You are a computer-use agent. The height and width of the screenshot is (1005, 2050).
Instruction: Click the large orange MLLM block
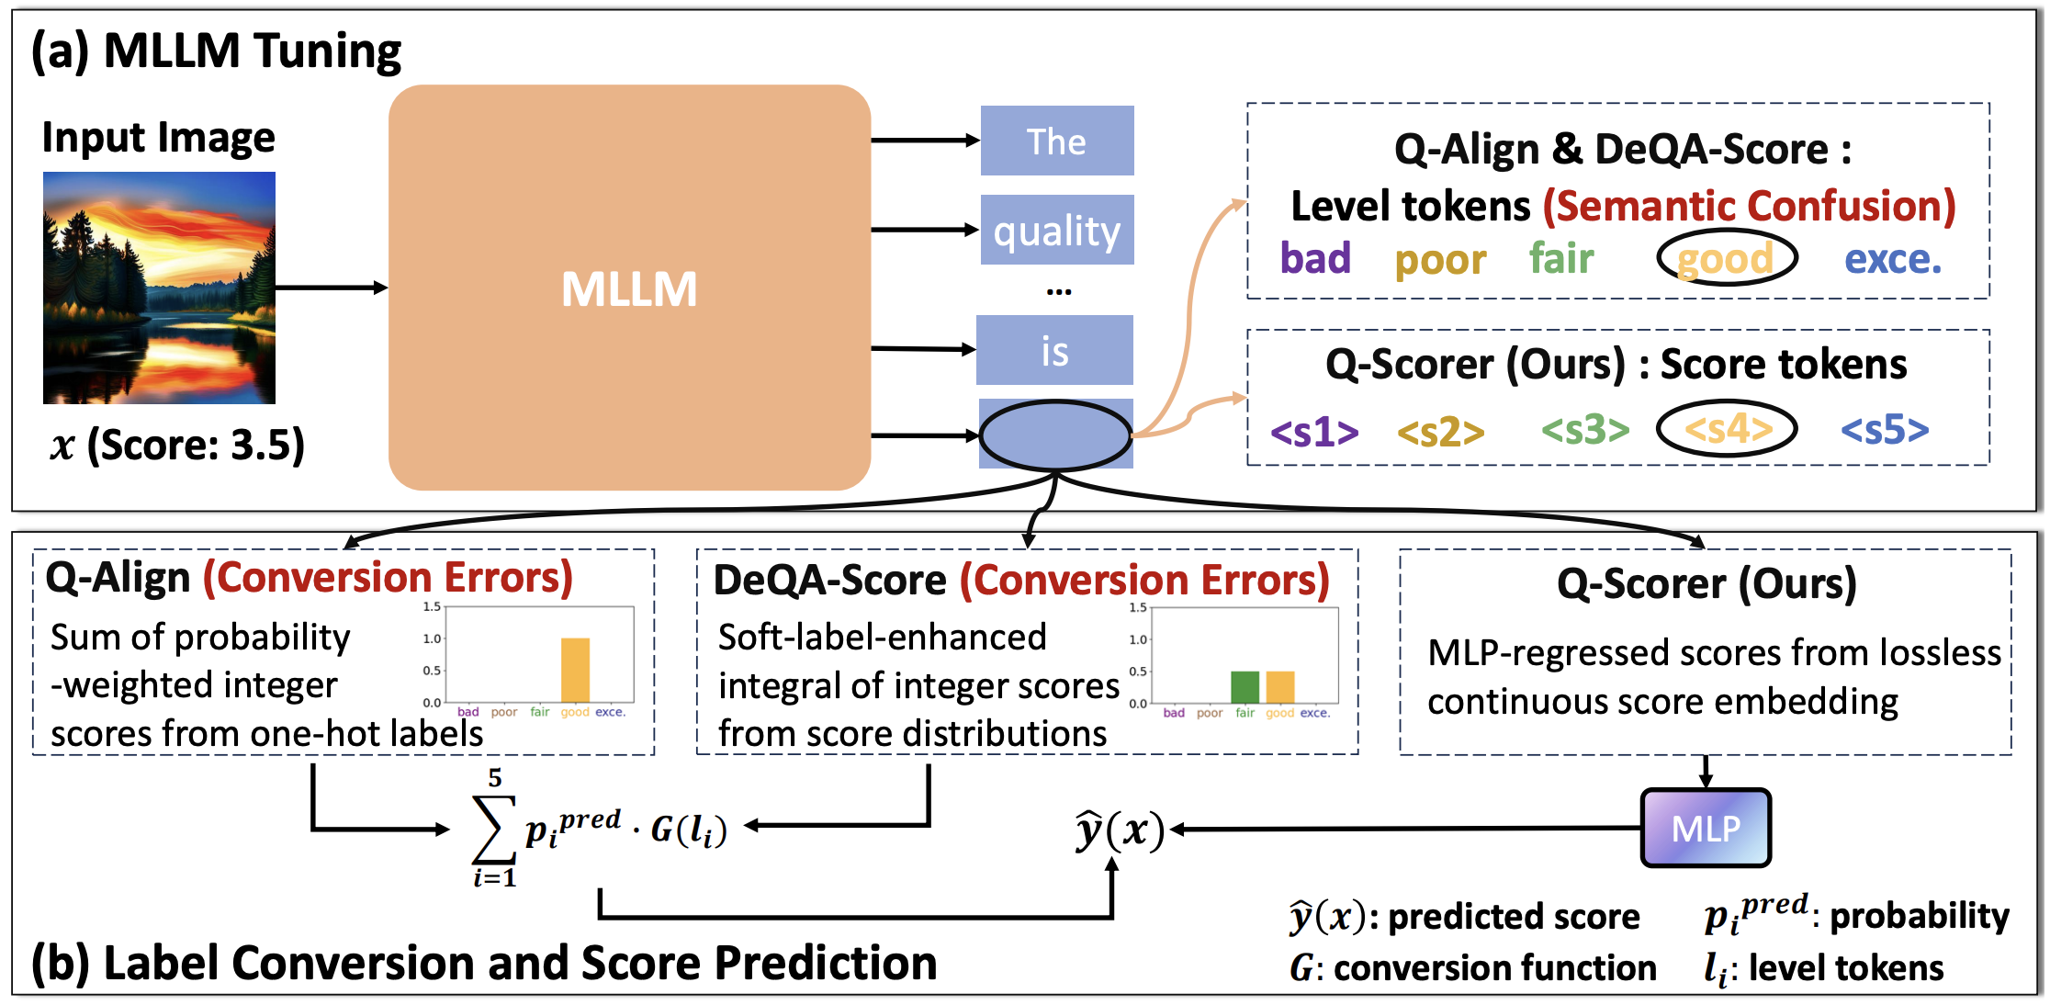pyautogui.click(x=629, y=288)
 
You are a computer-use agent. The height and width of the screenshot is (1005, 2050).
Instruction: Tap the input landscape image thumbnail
pyautogui.click(x=159, y=288)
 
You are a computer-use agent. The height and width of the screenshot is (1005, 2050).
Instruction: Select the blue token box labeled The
pyautogui.click(x=1057, y=141)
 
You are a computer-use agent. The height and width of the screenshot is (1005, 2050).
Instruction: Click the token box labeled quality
pyautogui.click(x=1057, y=230)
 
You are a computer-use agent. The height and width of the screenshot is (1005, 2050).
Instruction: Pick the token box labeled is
pyautogui.click(x=1054, y=350)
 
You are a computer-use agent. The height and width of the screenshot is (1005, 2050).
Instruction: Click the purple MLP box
pyautogui.click(x=1706, y=828)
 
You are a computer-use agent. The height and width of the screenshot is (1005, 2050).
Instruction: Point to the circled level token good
pyautogui.click(x=1726, y=258)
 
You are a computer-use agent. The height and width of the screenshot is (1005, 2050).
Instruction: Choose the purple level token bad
pyautogui.click(x=1315, y=258)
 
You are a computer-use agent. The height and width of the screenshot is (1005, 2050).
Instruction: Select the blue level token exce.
pyautogui.click(x=1893, y=258)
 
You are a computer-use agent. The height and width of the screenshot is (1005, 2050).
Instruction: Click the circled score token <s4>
pyautogui.click(x=1727, y=429)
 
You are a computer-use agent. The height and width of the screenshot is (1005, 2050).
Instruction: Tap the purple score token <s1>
pyautogui.click(x=1314, y=431)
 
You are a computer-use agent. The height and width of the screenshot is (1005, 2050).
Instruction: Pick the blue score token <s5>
pyautogui.click(x=1885, y=429)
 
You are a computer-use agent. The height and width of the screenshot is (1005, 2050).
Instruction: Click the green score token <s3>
pyautogui.click(x=1585, y=429)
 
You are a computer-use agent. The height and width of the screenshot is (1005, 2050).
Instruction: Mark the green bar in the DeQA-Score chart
pyautogui.click(x=1245, y=687)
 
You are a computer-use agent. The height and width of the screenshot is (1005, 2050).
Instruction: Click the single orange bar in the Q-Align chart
pyautogui.click(x=575, y=671)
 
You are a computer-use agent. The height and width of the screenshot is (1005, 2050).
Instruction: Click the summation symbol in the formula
pyautogui.click(x=493, y=829)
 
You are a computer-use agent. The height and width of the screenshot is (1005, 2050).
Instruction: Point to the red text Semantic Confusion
pyautogui.click(x=1749, y=206)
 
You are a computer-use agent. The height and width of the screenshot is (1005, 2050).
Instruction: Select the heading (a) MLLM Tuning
pyautogui.click(x=217, y=51)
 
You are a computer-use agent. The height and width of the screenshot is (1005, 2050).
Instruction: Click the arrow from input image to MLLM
pyautogui.click(x=331, y=288)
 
